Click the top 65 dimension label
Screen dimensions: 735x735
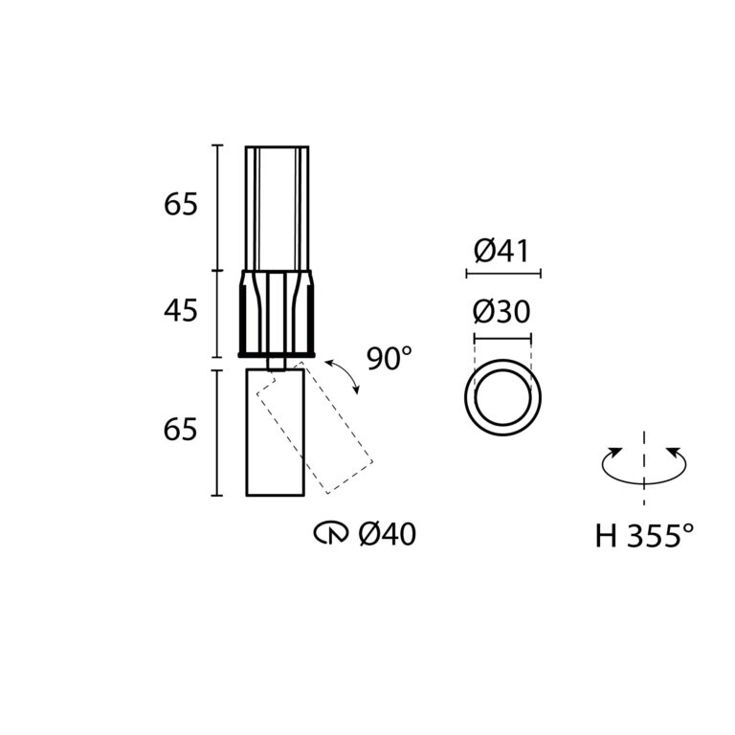point(181,205)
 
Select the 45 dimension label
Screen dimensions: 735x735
point(181,310)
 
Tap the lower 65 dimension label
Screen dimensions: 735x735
point(181,429)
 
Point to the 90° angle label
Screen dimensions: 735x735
point(390,359)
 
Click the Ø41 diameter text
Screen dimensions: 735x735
point(501,251)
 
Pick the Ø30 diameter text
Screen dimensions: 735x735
point(501,312)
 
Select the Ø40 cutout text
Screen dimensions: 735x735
point(388,534)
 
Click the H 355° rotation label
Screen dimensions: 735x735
point(644,535)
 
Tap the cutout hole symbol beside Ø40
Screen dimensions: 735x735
point(331,534)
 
